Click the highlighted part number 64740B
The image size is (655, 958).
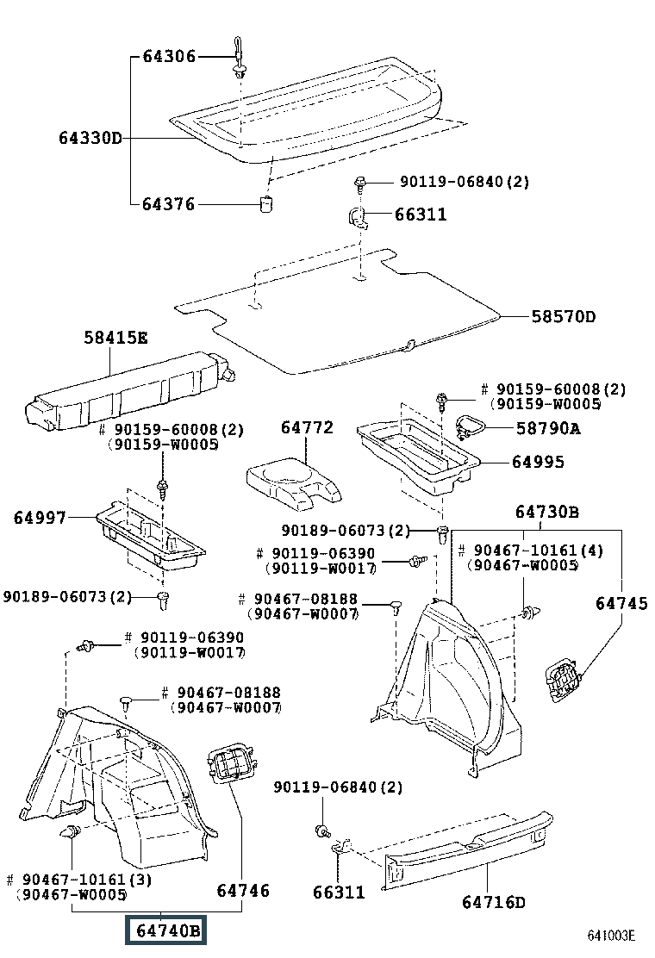(x=165, y=930)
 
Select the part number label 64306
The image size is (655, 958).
(x=169, y=57)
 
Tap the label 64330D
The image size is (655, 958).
(x=90, y=138)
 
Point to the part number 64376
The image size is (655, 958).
(x=169, y=204)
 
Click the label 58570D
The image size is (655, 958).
(x=563, y=316)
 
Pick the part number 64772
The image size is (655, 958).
(x=306, y=427)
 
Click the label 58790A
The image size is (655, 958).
(x=548, y=428)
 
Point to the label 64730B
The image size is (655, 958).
(x=546, y=513)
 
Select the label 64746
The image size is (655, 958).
(x=243, y=890)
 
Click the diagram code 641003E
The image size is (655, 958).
(x=611, y=936)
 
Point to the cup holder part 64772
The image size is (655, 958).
(x=293, y=484)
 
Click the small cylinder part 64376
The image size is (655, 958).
(x=267, y=205)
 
